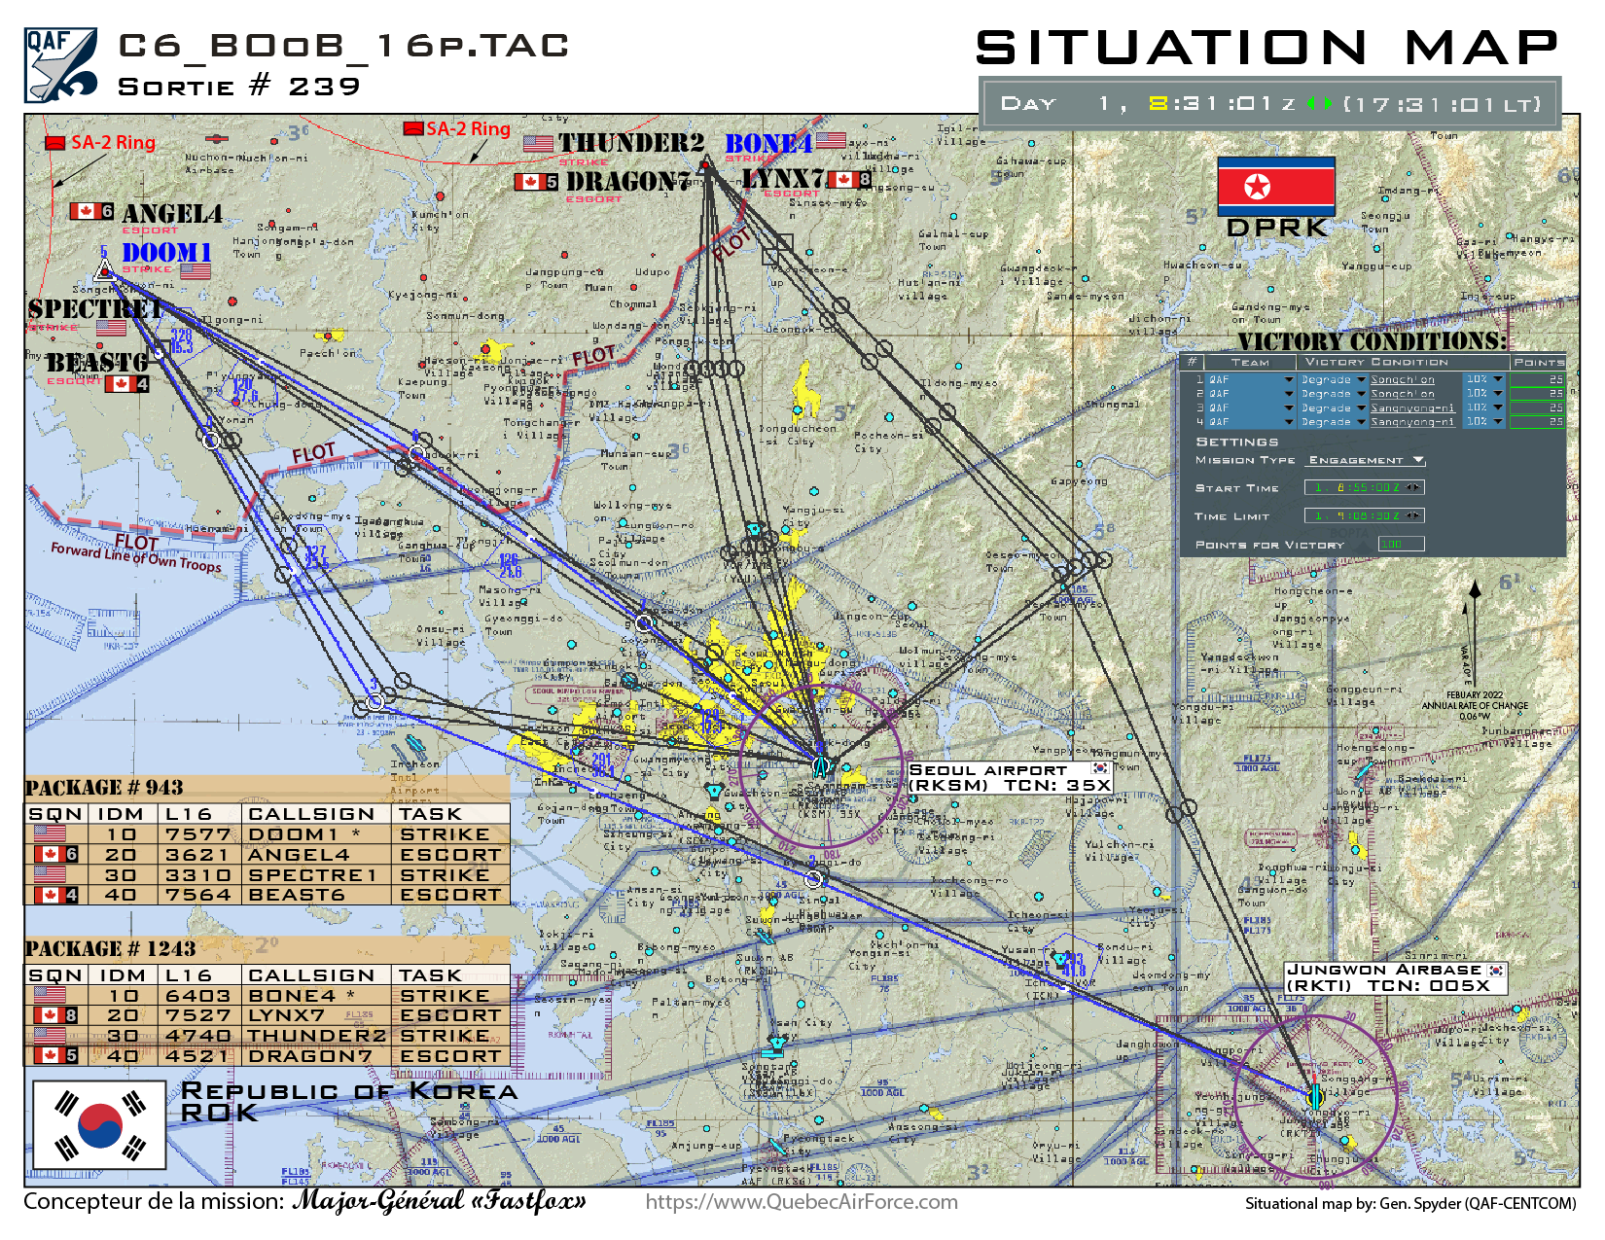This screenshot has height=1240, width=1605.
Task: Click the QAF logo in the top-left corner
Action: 60,64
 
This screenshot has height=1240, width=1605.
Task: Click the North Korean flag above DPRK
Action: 1275,186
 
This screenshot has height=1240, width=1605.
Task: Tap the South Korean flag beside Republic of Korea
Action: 99,1125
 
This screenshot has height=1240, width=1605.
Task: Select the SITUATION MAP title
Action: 1266,48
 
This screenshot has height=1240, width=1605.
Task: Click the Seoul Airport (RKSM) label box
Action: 1009,777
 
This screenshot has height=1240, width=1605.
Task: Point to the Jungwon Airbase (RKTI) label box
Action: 1395,977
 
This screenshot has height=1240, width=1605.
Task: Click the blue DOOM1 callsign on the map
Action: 166,253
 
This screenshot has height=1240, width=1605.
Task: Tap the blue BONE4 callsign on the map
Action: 768,144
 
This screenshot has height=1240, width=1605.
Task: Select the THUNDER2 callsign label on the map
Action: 630,143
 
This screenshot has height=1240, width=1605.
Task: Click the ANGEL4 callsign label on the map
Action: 172,214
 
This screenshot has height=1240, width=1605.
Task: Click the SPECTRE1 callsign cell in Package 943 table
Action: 312,875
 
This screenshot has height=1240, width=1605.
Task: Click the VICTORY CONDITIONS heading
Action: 1372,341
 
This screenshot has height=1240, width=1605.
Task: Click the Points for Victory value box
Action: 1401,544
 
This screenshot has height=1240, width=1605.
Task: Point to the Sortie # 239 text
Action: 239,87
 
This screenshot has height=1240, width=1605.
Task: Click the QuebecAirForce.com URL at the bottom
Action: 802,1202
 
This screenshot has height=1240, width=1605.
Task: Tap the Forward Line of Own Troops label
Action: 136,557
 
